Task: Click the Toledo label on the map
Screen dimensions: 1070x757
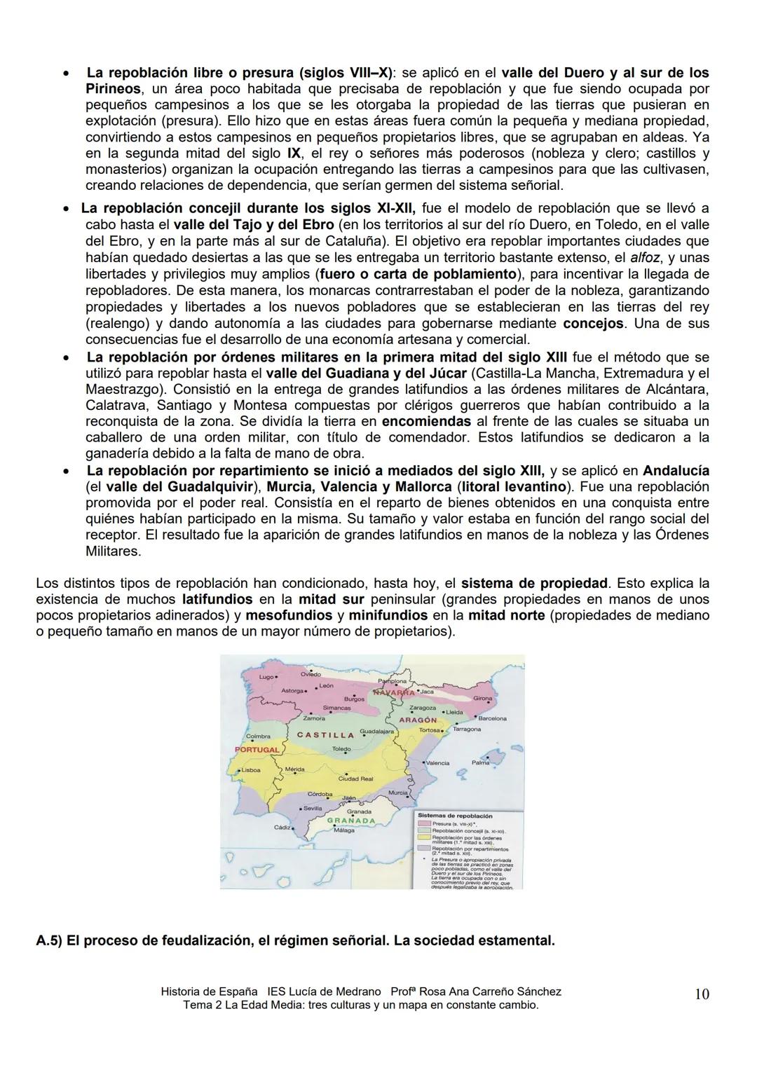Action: [x=341, y=749]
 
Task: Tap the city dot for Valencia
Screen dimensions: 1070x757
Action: [x=424, y=761]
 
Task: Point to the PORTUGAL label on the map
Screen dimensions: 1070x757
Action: [x=257, y=749]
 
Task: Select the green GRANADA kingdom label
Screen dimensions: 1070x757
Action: [x=351, y=820]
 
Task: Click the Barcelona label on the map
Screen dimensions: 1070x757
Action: [x=492, y=718]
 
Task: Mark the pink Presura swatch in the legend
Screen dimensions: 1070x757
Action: [x=424, y=824]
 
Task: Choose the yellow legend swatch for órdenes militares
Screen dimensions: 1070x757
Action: [x=424, y=837]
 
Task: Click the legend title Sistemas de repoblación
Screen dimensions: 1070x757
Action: [x=455, y=816]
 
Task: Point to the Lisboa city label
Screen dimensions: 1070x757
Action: [x=251, y=769]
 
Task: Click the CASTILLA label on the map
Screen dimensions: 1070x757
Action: [x=325, y=735]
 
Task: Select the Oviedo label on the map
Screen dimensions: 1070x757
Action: [x=311, y=674]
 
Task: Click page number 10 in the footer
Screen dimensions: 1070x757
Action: [x=701, y=994]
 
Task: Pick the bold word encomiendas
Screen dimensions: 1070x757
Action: [x=426, y=421]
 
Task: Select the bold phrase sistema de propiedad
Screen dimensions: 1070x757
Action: [x=534, y=583]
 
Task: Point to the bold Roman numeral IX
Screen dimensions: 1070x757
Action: [x=294, y=153]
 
